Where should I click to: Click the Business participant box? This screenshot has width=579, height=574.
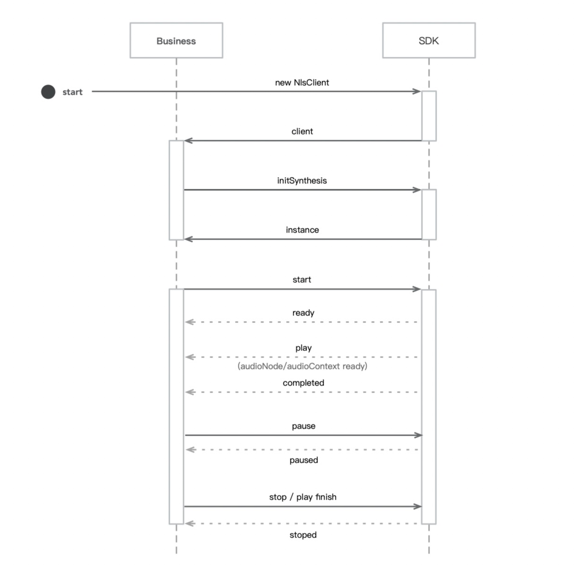[176, 41]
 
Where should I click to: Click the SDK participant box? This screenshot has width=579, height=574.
[429, 41]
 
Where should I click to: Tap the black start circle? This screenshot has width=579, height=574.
[48, 92]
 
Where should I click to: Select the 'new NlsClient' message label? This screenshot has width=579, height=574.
[302, 82]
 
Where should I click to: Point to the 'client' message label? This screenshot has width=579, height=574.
[302, 131]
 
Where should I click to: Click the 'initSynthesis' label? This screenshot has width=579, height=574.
[302, 180]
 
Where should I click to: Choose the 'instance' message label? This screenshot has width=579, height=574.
[302, 230]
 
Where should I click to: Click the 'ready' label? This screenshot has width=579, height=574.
[303, 313]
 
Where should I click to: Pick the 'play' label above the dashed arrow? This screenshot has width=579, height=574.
[303, 348]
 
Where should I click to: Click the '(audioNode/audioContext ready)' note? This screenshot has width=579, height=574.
[302, 366]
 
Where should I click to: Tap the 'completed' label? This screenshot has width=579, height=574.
[303, 383]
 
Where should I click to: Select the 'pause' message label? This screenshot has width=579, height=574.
[303, 426]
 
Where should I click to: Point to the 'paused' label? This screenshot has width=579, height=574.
[304, 460]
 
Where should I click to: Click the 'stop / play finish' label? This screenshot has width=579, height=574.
[303, 497]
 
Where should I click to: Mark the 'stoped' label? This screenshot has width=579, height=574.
[303, 535]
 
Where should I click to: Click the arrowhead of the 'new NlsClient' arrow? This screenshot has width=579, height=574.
[417, 91]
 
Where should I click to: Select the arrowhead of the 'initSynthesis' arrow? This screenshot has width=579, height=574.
[417, 190]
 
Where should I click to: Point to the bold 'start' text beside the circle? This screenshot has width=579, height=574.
[72, 92]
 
